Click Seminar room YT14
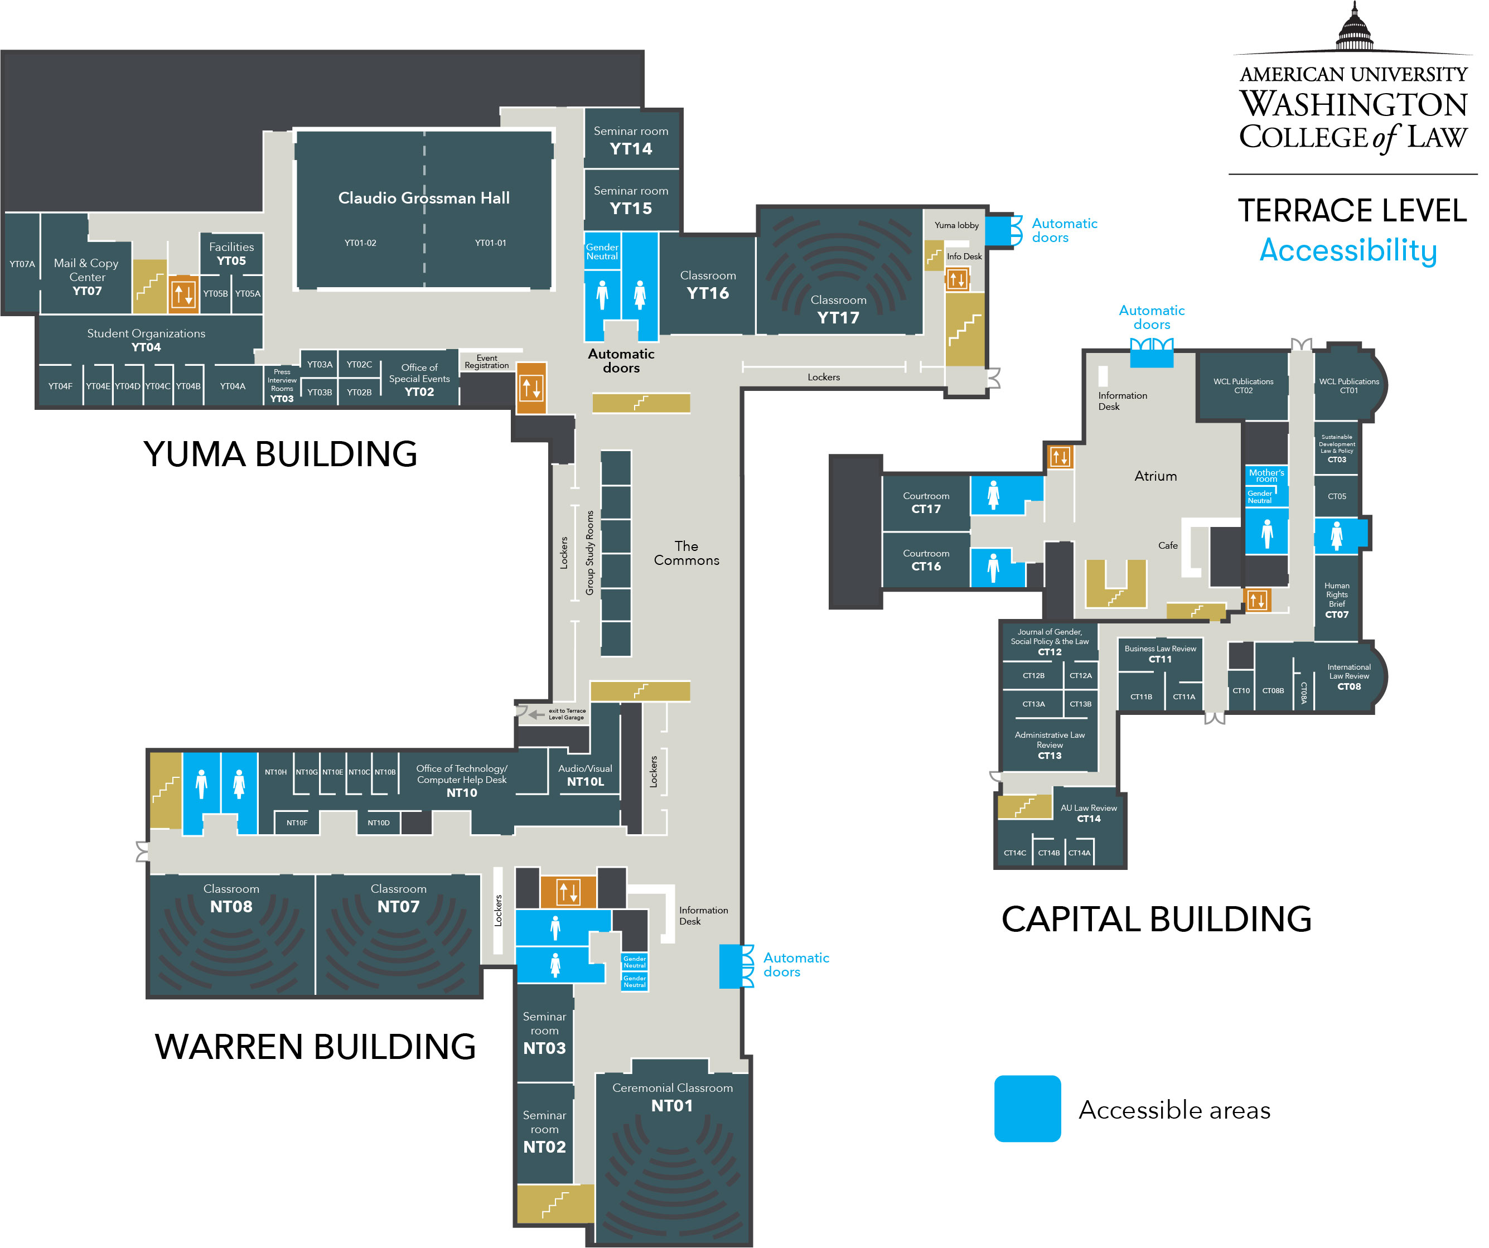pos(630,140)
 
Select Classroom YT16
pos(707,284)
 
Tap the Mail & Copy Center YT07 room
pos(86,277)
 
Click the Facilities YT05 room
pos(231,253)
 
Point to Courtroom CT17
pos(925,502)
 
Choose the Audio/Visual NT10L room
pos(585,775)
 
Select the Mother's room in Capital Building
pos(1266,475)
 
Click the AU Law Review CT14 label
pos(1089,812)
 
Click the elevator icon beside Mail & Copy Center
pos(183,293)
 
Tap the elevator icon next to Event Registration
pos(531,388)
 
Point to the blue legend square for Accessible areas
pos(1027,1108)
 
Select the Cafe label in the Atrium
pos(1168,545)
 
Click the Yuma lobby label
pos(956,225)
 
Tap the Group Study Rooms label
pos(589,553)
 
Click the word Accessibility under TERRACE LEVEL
pos(1348,250)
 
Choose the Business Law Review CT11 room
pos(1160,654)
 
